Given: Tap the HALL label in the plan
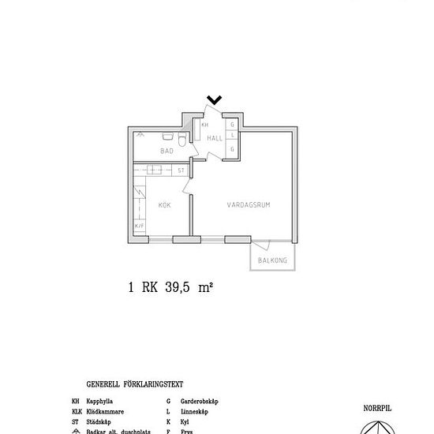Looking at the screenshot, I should pos(215,138).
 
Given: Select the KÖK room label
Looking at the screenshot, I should pos(164,205).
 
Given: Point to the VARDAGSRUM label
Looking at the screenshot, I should pos(249,204).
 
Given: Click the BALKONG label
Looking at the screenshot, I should pos(273,260).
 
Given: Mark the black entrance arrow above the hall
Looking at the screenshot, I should pos(214,99).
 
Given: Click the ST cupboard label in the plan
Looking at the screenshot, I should pos(181,170).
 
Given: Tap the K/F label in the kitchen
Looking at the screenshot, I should pos(140,227).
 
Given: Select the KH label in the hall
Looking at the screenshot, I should pos(204,125).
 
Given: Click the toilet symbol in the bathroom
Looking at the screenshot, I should pos(181,141).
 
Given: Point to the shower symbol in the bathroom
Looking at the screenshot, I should pos(139,134).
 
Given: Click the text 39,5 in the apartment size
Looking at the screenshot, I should pos(178,288).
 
